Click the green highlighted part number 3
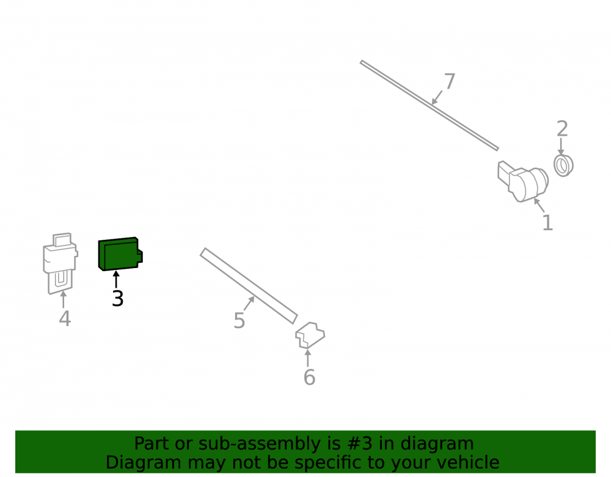(120, 254)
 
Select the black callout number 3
(117, 299)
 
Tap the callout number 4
(65, 319)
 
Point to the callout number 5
(240, 321)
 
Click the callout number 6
(309, 377)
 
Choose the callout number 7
(450, 81)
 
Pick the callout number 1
(547, 223)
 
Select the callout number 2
(562, 128)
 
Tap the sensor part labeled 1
(523, 181)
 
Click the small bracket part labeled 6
(310, 335)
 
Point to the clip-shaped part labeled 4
(60, 263)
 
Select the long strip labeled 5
(249, 286)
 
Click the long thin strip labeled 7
(430, 105)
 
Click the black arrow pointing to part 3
(115, 280)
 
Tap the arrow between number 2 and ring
(561, 147)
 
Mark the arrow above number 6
(307, 359)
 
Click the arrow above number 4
(63, 299)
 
